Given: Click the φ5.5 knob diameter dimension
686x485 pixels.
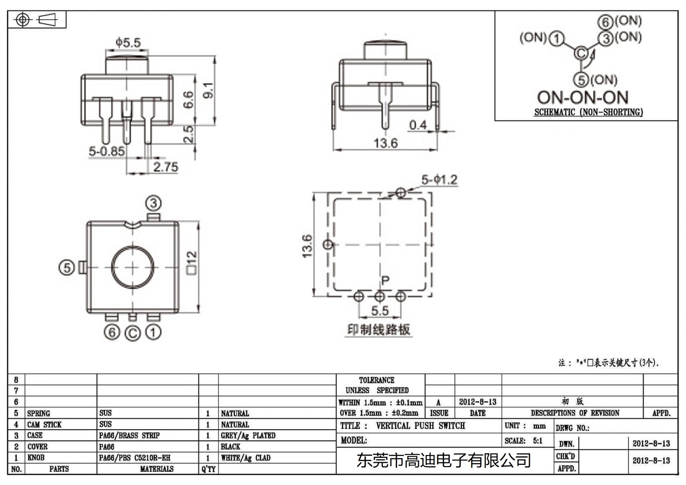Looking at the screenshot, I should [x=128, y=42].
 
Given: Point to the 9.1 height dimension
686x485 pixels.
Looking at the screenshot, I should [x=208, y=90].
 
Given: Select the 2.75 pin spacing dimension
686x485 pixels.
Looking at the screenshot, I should [x=165, y=167].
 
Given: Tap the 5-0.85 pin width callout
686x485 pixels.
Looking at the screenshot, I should [x=107, y=151].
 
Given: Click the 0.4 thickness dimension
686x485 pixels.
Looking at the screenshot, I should [x=418, y=125].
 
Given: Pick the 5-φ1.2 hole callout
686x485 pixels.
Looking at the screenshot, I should [x=439, y=180].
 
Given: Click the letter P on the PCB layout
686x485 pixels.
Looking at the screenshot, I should [x=385, y=280].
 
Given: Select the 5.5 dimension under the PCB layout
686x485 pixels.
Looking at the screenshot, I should [x=379, y=310].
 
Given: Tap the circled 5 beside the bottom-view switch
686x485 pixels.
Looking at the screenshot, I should [x=66, y=268].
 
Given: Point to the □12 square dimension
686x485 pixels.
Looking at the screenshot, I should [x=191, y=262].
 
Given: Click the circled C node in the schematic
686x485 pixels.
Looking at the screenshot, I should [x=581, y=53].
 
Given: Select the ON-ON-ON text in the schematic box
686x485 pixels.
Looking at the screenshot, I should [x=583, y=98].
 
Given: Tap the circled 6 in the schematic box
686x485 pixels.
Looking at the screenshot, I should [x=605, y=22].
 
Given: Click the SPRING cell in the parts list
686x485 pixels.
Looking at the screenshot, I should [x=39, y=413].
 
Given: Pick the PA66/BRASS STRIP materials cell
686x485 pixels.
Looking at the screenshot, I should [x=129, y=436].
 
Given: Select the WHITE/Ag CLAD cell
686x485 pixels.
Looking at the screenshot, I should [x=246, y=458].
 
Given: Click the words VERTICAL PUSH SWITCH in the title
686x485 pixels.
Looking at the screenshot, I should [x=420, y=426].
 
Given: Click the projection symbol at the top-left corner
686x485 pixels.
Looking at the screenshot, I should [x=36, y=20].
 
